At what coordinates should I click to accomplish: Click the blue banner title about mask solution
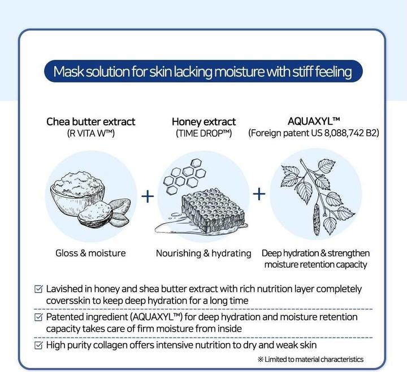(x=202, y=72)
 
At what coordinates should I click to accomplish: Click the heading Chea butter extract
(x=91, y=121)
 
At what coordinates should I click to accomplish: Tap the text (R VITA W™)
(x=91, y=134)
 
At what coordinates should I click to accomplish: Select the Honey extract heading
(x=203, y=121)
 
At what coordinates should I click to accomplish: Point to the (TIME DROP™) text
(x=203, y=134)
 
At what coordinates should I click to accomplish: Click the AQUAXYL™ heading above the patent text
(x=313, y=121)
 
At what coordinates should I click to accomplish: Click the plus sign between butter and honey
(x=147, y=196)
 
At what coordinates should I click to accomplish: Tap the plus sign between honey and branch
(x=259, y=194)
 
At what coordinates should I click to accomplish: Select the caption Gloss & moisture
(x=90, y=253)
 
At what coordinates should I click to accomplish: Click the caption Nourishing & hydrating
(x=203, y=253)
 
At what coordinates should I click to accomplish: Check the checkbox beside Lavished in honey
(x=39, y=289)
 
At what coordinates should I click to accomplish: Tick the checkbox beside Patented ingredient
(x=39, y=317)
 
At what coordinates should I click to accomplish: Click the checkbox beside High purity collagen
(x=39, y=345)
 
